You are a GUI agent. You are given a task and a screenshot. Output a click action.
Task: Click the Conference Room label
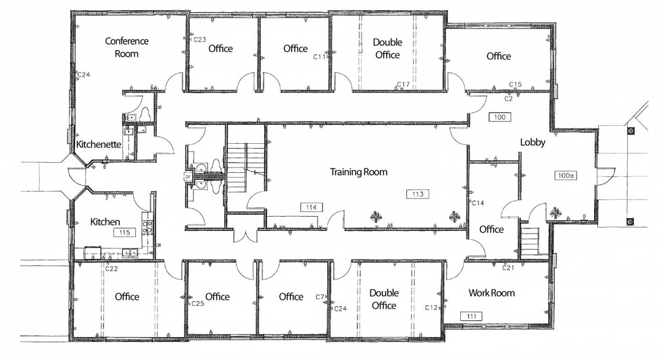pyautogui.click(x=126, y=47)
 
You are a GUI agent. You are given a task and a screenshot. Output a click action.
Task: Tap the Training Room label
pyautogui.click(x=358, y=172)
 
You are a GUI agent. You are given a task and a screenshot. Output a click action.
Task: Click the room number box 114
pyautogui.click(x=311, y=207)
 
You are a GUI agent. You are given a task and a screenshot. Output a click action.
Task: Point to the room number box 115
pyautogui.click(x=124, y=232)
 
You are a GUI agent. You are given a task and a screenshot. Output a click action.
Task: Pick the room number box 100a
pyautogui.click(x=565, y=176)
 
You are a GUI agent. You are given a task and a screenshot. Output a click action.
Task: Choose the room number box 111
pyautogui.click(x=470, y=315)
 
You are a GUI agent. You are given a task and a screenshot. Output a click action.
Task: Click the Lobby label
pyautogui.click(x=533, y=143)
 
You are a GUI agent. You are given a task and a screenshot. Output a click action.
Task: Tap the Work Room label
pyautogui.click(x=492, y=293)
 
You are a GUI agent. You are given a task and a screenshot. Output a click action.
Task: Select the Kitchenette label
pyautogui.click(x=99, y=145)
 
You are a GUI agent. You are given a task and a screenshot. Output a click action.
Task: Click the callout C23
pyautogui.click(x=199, y=40)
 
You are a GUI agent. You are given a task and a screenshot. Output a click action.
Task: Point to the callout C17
pyautogui.click(x=403, y=84)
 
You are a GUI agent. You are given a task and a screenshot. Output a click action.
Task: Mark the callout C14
pyautogui.click(x=478, y=203)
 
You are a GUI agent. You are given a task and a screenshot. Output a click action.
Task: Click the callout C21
pyautogui.click(x=509, y=267)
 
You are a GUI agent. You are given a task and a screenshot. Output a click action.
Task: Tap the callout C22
pyautogui.click(x=112, y=268)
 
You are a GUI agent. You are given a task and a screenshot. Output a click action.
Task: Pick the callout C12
pyautogui.click(x=432, y=308)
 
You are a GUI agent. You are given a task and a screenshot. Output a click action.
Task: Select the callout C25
pyautogui.click(x=197, y=304)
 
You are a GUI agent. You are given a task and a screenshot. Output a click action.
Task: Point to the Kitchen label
pyautogui.click(x=105, y=222)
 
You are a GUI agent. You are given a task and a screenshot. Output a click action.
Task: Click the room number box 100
pyautogui.click(x=500, y=118)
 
